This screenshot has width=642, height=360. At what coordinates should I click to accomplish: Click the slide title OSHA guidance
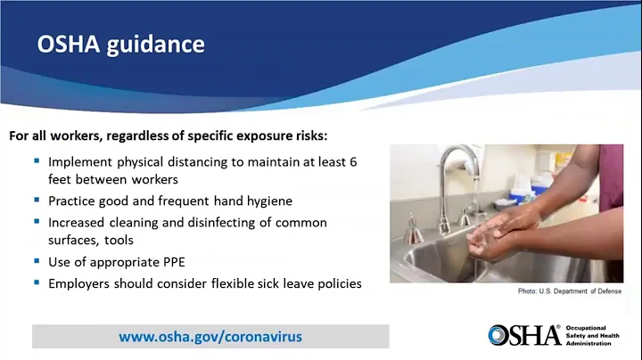(120, 44)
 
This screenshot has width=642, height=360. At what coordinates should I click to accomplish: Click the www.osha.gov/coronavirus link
(210, 336)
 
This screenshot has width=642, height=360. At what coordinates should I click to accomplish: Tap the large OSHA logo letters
(523, 335)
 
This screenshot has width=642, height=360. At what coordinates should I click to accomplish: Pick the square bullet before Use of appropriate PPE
(37, 261)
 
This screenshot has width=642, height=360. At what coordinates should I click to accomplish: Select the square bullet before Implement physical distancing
(37, 161)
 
